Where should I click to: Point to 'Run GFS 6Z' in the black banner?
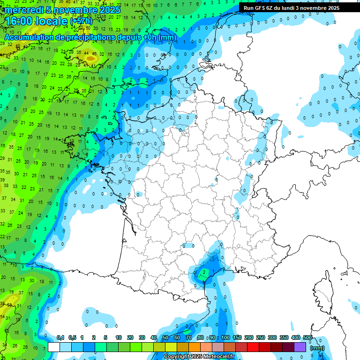click(259, 8)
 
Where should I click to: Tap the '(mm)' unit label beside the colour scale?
click(317, 348)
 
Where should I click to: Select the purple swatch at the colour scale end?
click(300, 347)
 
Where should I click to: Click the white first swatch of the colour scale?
click(54, 347)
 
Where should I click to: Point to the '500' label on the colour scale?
click(307, 337)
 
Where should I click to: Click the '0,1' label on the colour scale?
click(60, 337)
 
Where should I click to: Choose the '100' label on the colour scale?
click(225, 337)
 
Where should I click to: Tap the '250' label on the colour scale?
click(261, 337)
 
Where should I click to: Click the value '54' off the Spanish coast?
click(2, 317)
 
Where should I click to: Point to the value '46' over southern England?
click(94, 54)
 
